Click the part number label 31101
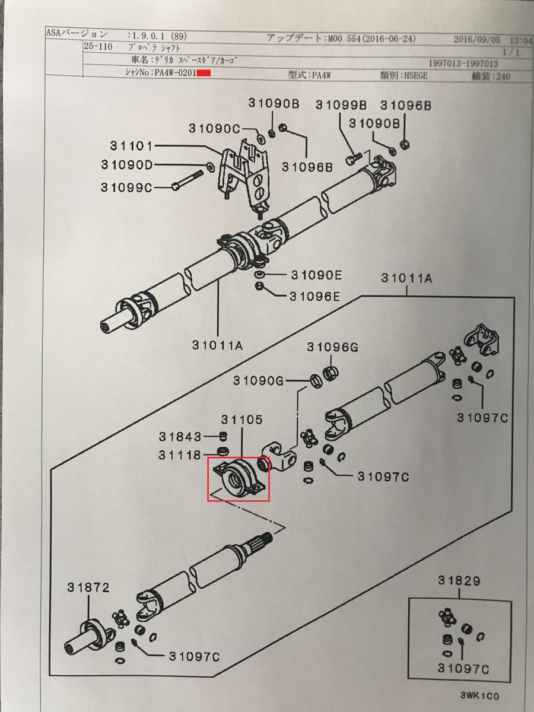pos(131,145)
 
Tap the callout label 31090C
pos(214,129)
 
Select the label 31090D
pos(127,165)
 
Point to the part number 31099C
pos(126,187)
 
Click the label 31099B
pos(341,105)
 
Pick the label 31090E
pos(316,275)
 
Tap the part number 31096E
pos(315,297)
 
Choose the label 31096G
pos(333,348)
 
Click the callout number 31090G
pos(259,380)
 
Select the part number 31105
pos(242,420)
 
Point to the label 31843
pos(180,437)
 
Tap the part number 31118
pos(180,456)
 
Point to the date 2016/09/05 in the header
pos(476,40)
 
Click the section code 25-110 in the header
pos(98,47)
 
